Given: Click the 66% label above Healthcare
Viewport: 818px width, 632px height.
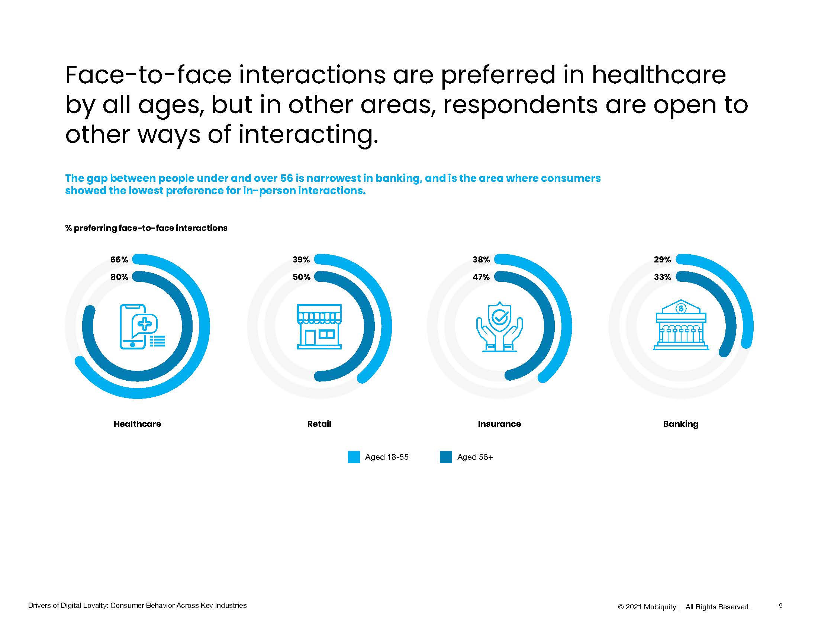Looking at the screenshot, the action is tap(119, 259).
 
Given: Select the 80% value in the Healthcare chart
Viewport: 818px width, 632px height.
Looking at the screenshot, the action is tap(119, 277).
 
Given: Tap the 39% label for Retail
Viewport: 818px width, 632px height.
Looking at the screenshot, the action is tap(301, 259).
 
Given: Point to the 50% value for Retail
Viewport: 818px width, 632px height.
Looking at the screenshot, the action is tap(302, 277).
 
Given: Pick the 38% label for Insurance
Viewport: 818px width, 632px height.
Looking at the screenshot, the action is tap(481, 259).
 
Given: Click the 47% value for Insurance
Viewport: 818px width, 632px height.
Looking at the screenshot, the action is tap(481, 277).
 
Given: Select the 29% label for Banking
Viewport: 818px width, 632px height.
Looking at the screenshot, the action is tap(663, 259).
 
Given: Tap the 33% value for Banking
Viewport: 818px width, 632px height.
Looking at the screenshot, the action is tap(663, 277).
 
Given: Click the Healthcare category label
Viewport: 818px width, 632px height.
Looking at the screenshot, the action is tap(138, 424).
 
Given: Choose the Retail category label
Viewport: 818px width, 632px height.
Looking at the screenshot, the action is tap(319, 424).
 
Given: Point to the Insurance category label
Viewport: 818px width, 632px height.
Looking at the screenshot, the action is tap(499, 424).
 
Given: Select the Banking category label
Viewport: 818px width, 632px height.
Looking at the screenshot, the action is tap(681, 424).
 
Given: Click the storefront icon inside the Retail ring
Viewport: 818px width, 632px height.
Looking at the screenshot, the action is tap(319, 326).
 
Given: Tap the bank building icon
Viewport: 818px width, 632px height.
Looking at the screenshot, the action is tap(681, 325).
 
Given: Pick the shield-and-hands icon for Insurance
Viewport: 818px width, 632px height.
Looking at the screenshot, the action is tap(499, 326).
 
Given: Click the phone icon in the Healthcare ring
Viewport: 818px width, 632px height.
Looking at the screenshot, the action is tap(142, 326).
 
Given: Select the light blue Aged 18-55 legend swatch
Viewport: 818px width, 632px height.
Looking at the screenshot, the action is tap(354, 457).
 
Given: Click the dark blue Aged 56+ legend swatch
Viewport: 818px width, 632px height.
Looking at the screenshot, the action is tap(446, 457).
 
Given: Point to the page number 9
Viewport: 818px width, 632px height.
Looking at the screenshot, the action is tap(780, 605).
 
